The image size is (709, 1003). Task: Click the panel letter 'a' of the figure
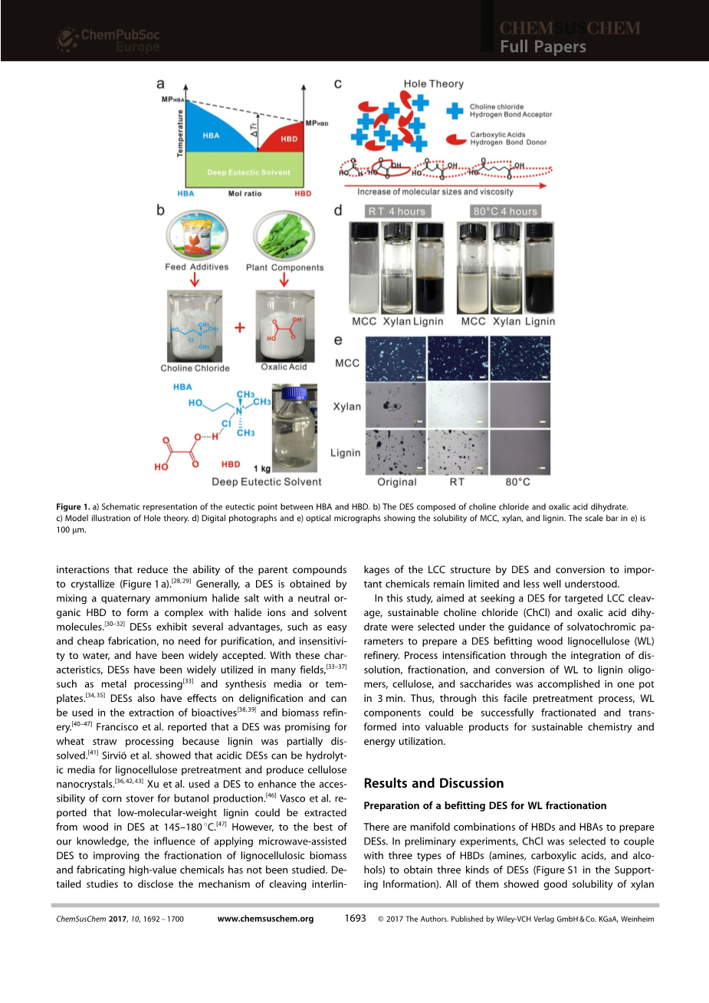161,84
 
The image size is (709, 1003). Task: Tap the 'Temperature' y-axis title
181,133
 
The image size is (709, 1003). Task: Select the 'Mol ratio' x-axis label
245,194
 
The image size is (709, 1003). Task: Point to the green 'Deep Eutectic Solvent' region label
249,172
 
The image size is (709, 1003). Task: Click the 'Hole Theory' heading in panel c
434,84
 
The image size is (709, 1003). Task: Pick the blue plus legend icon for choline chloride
455,110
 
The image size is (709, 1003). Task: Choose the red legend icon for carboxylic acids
457,138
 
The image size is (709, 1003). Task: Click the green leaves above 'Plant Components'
284,235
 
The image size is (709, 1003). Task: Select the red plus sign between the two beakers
240,328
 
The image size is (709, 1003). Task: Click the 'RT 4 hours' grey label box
396,211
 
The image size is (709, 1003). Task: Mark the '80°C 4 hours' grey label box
505,211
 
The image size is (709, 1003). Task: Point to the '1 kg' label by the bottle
262,468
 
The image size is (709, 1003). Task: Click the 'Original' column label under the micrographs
397,482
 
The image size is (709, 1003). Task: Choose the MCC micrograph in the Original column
396,361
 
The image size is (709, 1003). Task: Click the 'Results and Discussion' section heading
434,783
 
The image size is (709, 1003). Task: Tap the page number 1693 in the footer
355,918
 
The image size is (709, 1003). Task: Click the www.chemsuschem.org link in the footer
265,919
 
